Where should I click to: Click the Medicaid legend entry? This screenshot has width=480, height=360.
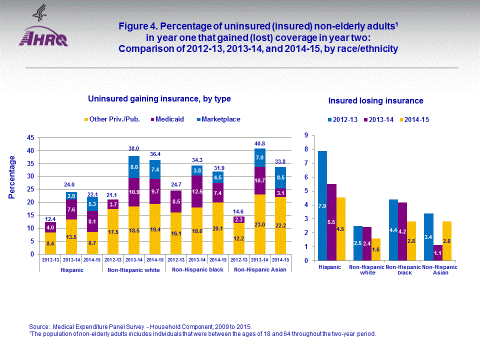click(169, 119)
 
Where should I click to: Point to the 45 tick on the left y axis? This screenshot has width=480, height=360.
click(30, 137)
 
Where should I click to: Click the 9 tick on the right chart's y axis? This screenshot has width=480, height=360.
click(305, 135)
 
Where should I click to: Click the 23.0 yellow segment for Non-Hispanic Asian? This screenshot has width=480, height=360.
click(259, 224)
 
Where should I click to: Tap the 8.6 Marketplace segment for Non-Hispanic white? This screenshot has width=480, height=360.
click(133, 167)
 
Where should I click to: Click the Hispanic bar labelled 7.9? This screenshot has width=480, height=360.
click(322, 205)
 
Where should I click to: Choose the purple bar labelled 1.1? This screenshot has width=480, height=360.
click(437, 252)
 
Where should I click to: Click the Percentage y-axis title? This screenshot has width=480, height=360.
click(12, 177)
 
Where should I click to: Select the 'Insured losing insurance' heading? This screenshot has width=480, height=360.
click(375, 101)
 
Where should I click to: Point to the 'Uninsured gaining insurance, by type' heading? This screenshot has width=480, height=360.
click(159, 99)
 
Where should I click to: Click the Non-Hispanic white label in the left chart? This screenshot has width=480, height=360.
click(133, 269)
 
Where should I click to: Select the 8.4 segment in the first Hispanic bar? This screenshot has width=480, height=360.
click(50, 243)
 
